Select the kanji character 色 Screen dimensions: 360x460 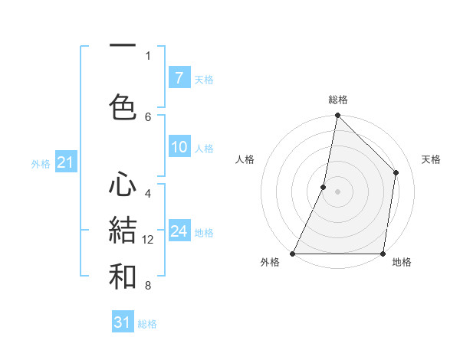[x=123, y=107]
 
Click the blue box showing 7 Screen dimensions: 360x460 [x=179, y=78]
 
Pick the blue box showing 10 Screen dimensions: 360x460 [x=179, y=148]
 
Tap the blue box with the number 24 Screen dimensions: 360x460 [x=179, y=232]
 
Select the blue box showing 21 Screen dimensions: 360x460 [x=65, y=162]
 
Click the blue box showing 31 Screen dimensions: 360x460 [x=123, y=322]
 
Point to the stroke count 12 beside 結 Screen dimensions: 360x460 [x=148, y=240]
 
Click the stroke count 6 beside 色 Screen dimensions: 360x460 [x=148, y=116]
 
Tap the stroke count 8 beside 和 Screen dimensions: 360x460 [x=148, y=286]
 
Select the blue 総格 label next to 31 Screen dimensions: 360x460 [x=148, y=324]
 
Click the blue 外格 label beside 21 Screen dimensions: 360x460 [x=41, y=163]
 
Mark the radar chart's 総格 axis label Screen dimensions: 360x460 [x=337, y=100]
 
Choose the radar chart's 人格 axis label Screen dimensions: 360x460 [x=245, y=159]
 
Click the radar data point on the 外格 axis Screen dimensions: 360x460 [x=293, y=253]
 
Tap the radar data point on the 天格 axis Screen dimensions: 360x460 [x=396, y=172]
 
